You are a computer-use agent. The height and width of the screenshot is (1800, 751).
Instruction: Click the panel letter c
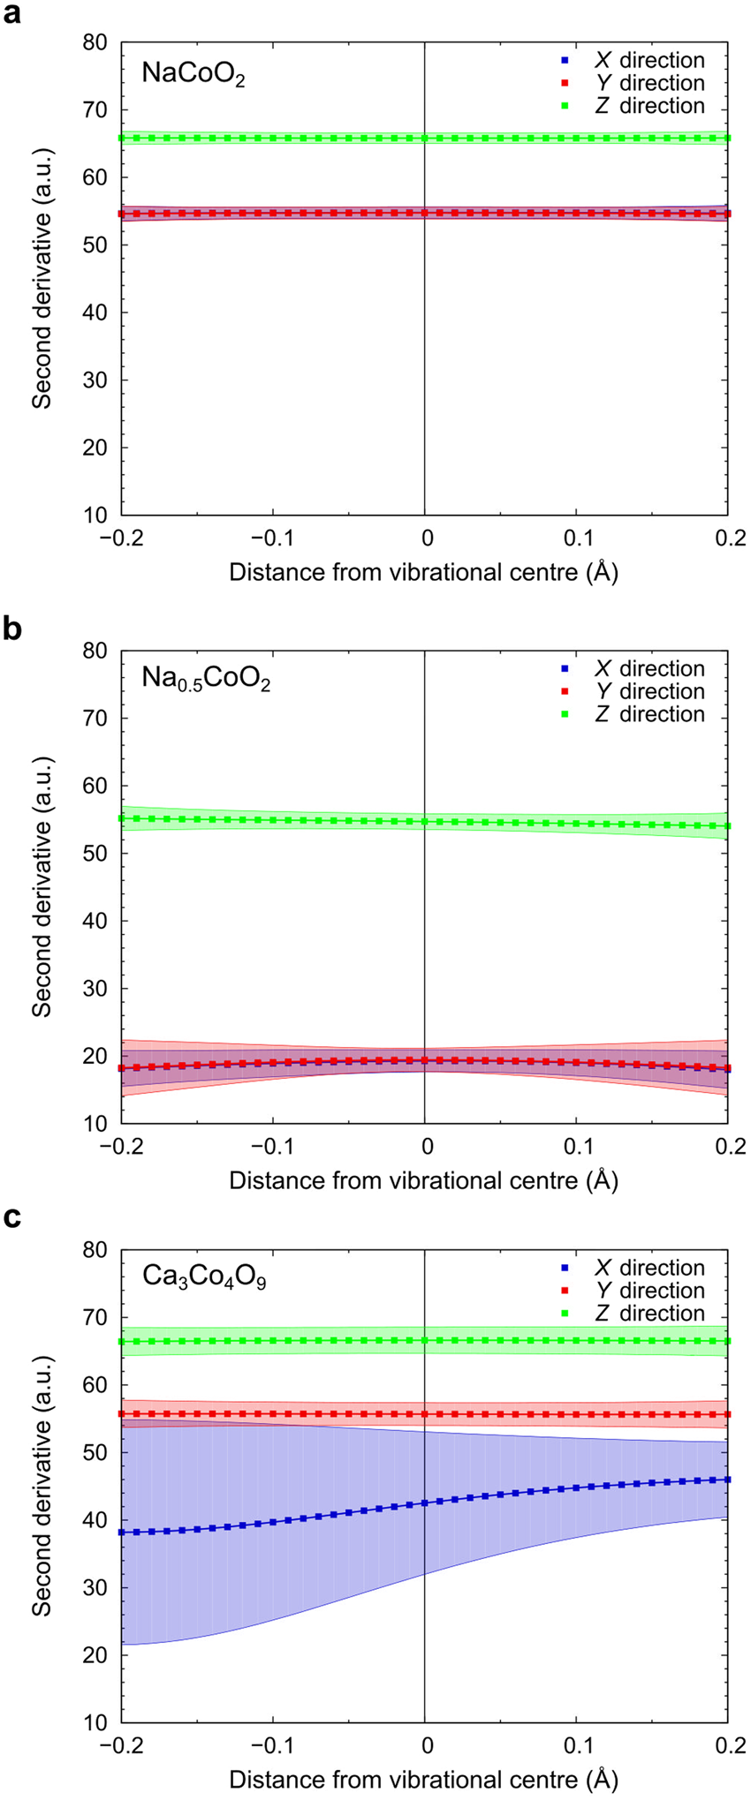coord(12,1219)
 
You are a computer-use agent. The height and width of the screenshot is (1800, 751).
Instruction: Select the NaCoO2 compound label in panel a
coord(193,74)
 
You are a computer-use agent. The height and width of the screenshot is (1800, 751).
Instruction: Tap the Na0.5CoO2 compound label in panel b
coord(206,680)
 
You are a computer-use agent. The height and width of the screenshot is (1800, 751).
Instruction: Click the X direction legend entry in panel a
coord(649,60)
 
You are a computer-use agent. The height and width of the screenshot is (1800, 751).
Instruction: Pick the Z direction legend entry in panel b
coord(649,714)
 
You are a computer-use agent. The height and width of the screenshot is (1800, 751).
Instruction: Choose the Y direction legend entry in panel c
coord(649,1291)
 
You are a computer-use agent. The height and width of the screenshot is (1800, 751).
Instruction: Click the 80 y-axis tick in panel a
coord(95,42)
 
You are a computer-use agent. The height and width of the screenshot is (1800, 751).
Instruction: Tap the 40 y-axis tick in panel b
coord(95,921)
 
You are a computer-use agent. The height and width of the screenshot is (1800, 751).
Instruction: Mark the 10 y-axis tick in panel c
coord(95,1722)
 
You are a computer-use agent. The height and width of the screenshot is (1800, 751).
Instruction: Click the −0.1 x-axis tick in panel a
coord(272,538)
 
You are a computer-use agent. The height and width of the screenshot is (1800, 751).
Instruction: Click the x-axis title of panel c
coord(424,1780)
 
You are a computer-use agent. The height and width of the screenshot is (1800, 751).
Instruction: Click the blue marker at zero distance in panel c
coord(425,1503)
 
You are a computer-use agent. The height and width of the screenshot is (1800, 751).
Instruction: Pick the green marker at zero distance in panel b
coord(425,822)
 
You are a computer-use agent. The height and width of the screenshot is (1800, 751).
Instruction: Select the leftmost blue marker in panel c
coord(122,1532)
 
